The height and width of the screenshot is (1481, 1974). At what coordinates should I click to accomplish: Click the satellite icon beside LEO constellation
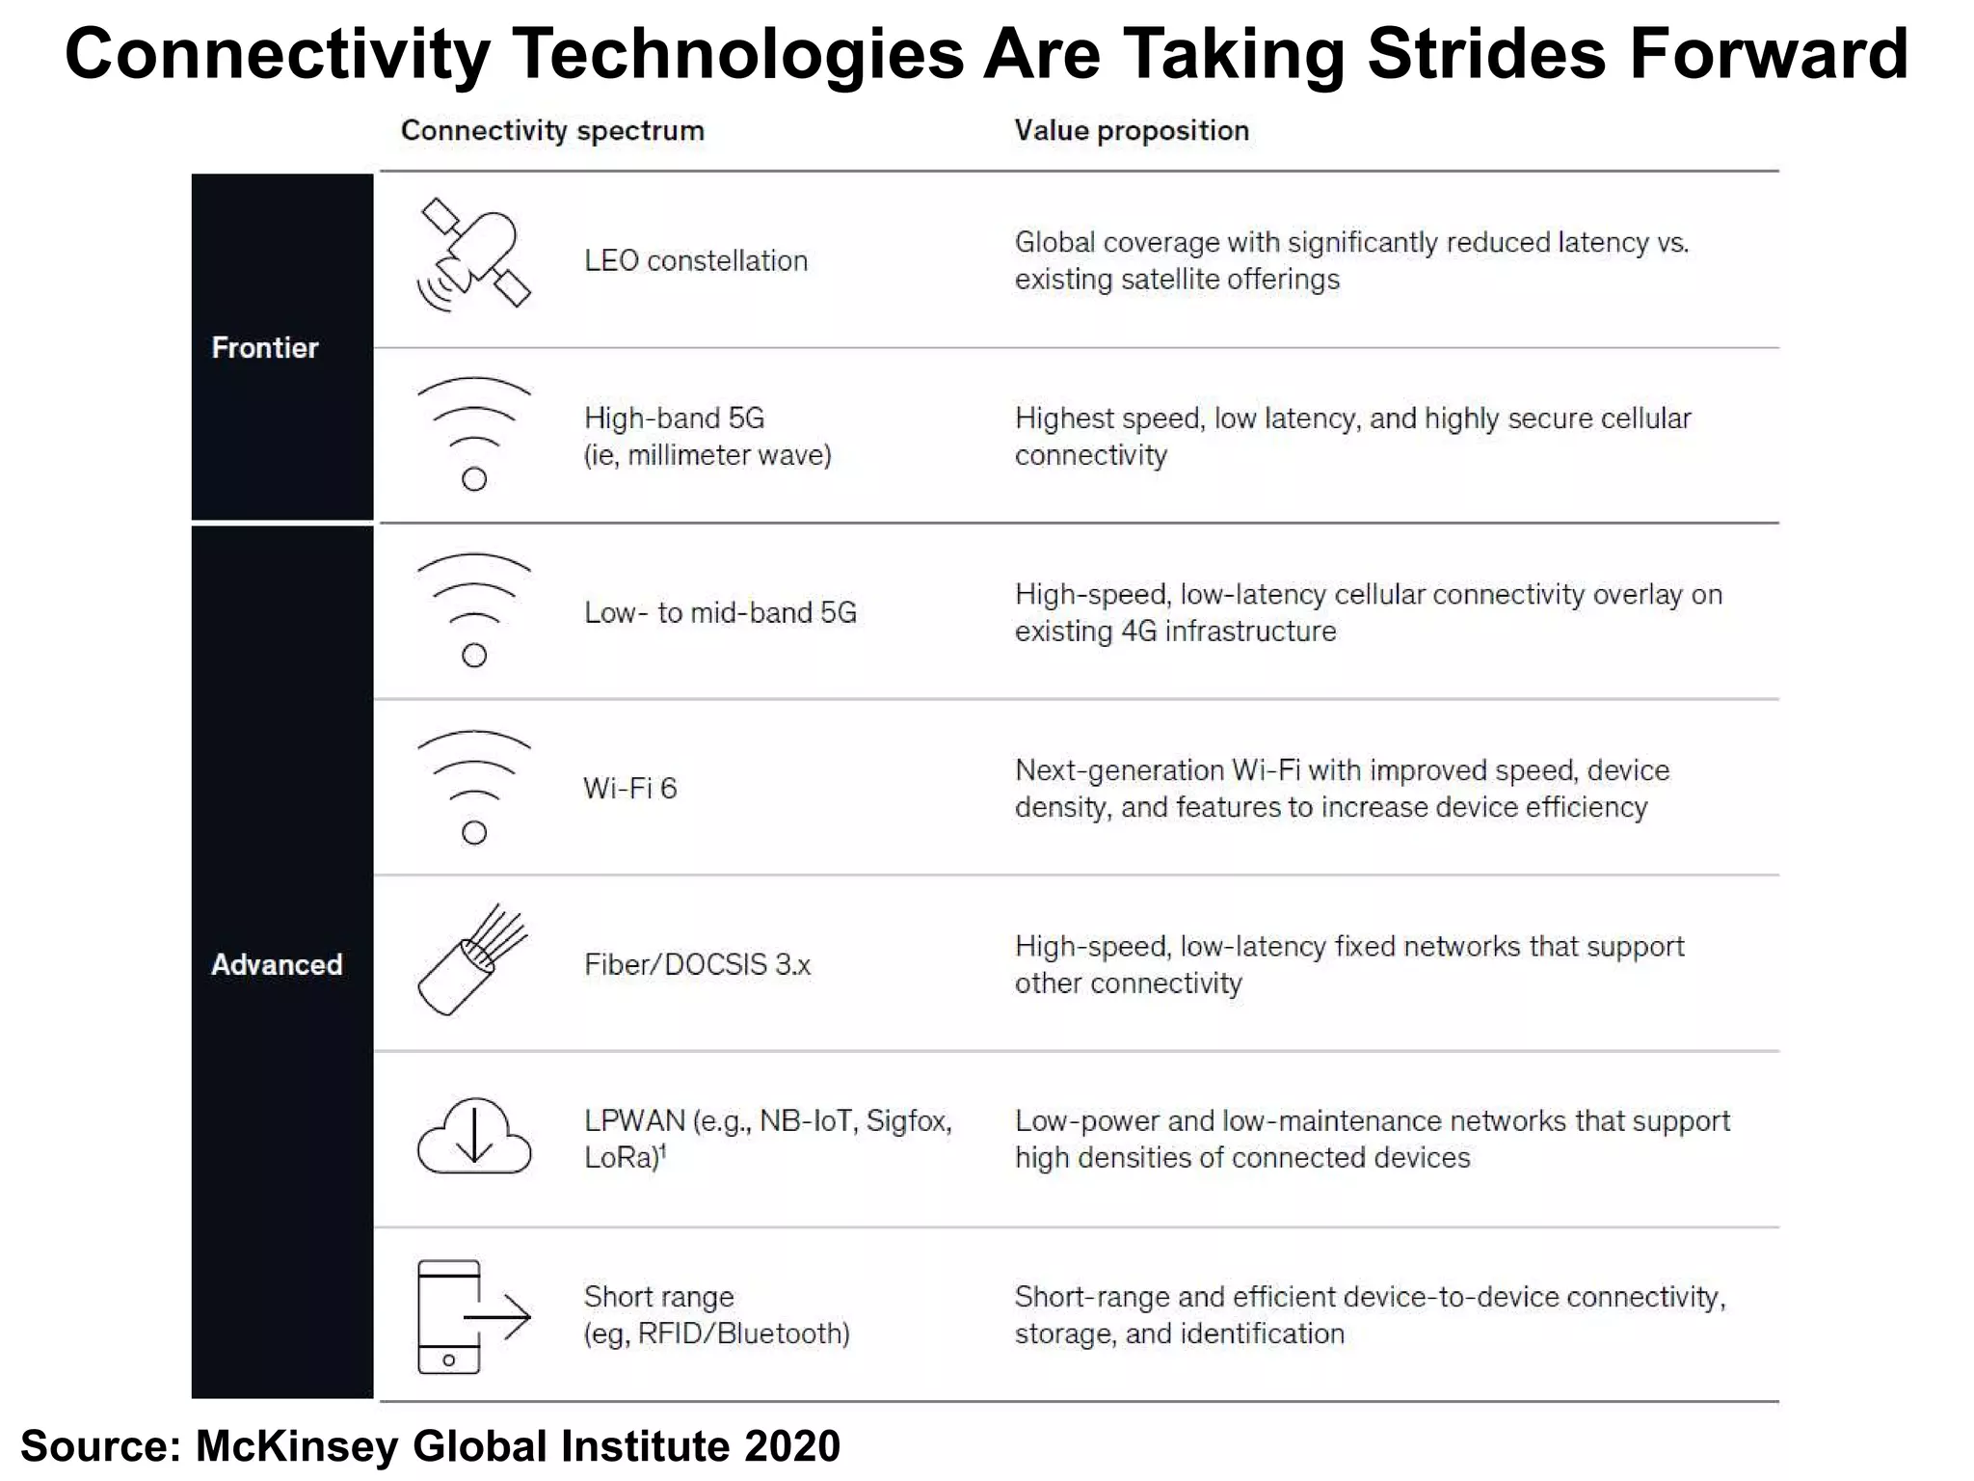click(x=473, y=255)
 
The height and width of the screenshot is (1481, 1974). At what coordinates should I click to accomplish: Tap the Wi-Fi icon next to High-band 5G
click(x=473, y=433)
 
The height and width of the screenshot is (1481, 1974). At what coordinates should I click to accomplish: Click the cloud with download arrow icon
click(x=473, y=1136)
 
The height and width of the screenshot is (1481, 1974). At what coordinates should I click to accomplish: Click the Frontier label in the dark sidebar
click(x=264, y=348)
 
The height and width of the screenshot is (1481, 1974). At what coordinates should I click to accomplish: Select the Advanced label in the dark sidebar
click(x=277, y=964)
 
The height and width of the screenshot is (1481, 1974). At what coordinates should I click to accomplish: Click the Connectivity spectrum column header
click(x=552, y=130)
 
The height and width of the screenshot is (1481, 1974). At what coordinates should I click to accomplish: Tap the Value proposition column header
click(x=1132, y=130)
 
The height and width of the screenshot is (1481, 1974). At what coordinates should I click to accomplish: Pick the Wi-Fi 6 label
click(x=630, y=789)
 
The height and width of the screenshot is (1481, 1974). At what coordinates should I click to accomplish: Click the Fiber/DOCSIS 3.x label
click(x=697, y=964)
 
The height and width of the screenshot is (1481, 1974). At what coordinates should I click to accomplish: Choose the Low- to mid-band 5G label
click(x=720, y=612)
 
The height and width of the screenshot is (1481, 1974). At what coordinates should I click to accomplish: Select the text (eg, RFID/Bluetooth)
click(x=716, y=1333)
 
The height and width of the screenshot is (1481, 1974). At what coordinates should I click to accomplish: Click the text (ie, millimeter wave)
click(x=707, y=455)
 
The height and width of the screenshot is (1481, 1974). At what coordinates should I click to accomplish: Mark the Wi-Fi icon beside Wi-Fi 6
click(x=473, y=786)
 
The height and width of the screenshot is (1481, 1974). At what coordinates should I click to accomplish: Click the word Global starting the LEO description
click(x=1054, y=243)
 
